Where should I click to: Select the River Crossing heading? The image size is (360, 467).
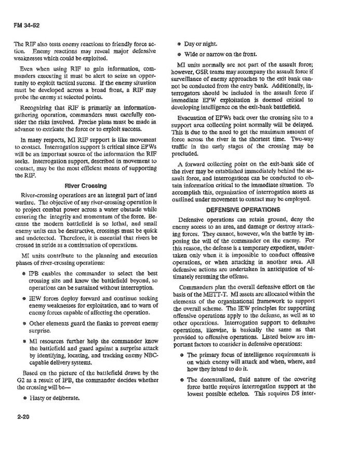pos(86,185)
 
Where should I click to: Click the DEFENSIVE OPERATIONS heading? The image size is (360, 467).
pos(243,210)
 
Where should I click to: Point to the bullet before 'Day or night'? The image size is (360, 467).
pos(179,44)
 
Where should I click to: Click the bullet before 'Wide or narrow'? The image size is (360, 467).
pos(179,54)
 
